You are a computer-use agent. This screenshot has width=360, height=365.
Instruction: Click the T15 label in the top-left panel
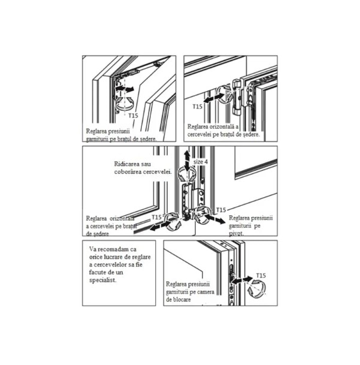(134, 116)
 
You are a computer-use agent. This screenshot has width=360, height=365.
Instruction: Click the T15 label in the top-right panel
(197, 107)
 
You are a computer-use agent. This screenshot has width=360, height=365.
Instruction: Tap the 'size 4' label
(201, 162)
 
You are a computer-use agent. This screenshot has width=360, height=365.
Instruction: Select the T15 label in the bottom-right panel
(261, 276)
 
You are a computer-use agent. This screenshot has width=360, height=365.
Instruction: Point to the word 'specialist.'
(102, 280)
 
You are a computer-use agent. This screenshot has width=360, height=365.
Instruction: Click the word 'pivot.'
(237, 234)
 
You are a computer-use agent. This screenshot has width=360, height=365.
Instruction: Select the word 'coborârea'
(128, 172)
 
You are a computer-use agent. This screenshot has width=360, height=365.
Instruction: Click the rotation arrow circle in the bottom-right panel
(257, 289)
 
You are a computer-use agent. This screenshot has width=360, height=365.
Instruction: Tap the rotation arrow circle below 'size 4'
(187, 175)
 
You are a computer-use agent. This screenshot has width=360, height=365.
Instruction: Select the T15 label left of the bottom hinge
(156, 217)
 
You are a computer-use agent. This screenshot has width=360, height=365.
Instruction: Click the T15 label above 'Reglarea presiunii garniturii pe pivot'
(221, 210)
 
